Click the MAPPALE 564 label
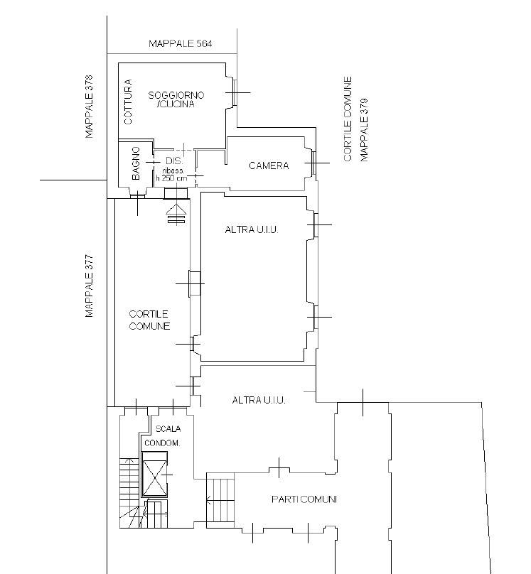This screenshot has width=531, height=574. [x=180, y=43]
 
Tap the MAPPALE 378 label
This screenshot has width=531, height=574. [x=89, y=107]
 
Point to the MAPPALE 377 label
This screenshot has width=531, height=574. [x=89, y=286]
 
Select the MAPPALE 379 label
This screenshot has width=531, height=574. [x=363, y=130]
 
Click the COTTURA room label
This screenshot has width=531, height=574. [x=128, y=102]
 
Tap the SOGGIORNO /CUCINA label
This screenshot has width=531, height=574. [x=176, y=99]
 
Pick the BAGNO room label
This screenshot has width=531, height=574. [x=136, y=163]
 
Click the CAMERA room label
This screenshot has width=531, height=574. [x=269, y=166]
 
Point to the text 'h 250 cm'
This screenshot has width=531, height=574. [x=171, y=178]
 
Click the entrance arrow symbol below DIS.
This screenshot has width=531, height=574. [x=176, y=214]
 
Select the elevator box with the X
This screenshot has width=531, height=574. [x=154, y=474]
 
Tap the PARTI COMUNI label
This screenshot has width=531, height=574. [x=304, y=499]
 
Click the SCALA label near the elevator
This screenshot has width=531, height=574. [x=168, y=428]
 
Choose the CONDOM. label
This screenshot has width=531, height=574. [x=162, y=443]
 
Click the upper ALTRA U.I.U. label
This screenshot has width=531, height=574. [x=252, y=229]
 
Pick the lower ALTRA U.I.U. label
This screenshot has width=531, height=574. [x=259, y=400]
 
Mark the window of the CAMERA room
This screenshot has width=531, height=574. [x=314, y=163]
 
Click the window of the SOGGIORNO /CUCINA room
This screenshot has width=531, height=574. [x=235, y=92]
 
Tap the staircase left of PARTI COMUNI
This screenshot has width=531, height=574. [x=220, y=500]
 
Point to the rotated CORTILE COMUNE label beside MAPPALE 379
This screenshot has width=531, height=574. [x=348, y=119]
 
